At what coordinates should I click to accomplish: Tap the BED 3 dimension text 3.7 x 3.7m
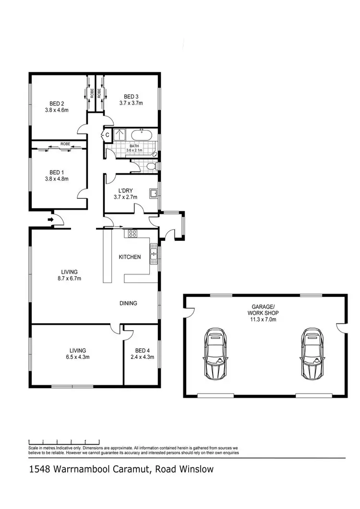pos(131,103)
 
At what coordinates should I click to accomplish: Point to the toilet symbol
pos(151,166)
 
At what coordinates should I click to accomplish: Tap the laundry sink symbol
pos(154,194)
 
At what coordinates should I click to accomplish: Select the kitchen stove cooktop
pos(131,234)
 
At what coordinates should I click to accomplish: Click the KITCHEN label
pos(130,257)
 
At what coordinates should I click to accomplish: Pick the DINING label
pos(129,303)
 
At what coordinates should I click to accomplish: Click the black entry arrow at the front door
pos(50,220)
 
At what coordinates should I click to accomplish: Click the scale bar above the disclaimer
pos(64,440)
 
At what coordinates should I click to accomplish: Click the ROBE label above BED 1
pos(65,143)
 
